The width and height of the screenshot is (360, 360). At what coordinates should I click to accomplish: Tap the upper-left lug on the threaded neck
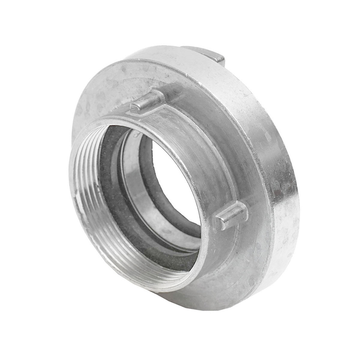147,102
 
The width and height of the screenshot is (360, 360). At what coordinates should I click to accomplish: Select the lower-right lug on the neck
231,214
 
